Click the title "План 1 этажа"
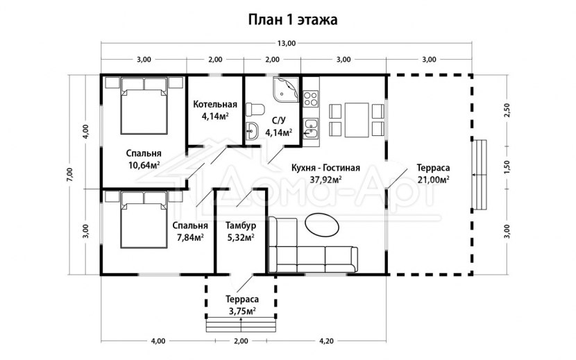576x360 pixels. (293, 19)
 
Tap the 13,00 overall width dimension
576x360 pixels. (286, 43)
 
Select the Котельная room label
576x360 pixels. (215, 104)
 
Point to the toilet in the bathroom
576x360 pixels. (255, 110)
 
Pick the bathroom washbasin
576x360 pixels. (252, 131)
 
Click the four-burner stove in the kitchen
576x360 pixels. (310, 98)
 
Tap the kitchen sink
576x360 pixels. (311, 128)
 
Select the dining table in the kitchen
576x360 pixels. (357, 120)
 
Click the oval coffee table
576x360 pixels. (322, 224)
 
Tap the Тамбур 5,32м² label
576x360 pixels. (241, 232)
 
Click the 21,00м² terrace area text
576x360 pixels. (434, 180)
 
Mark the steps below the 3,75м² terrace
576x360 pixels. (241, 324)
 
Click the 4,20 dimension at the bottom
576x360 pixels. (327, 341)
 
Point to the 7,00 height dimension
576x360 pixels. (71, 175)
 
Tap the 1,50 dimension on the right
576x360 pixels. (507, 167)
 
